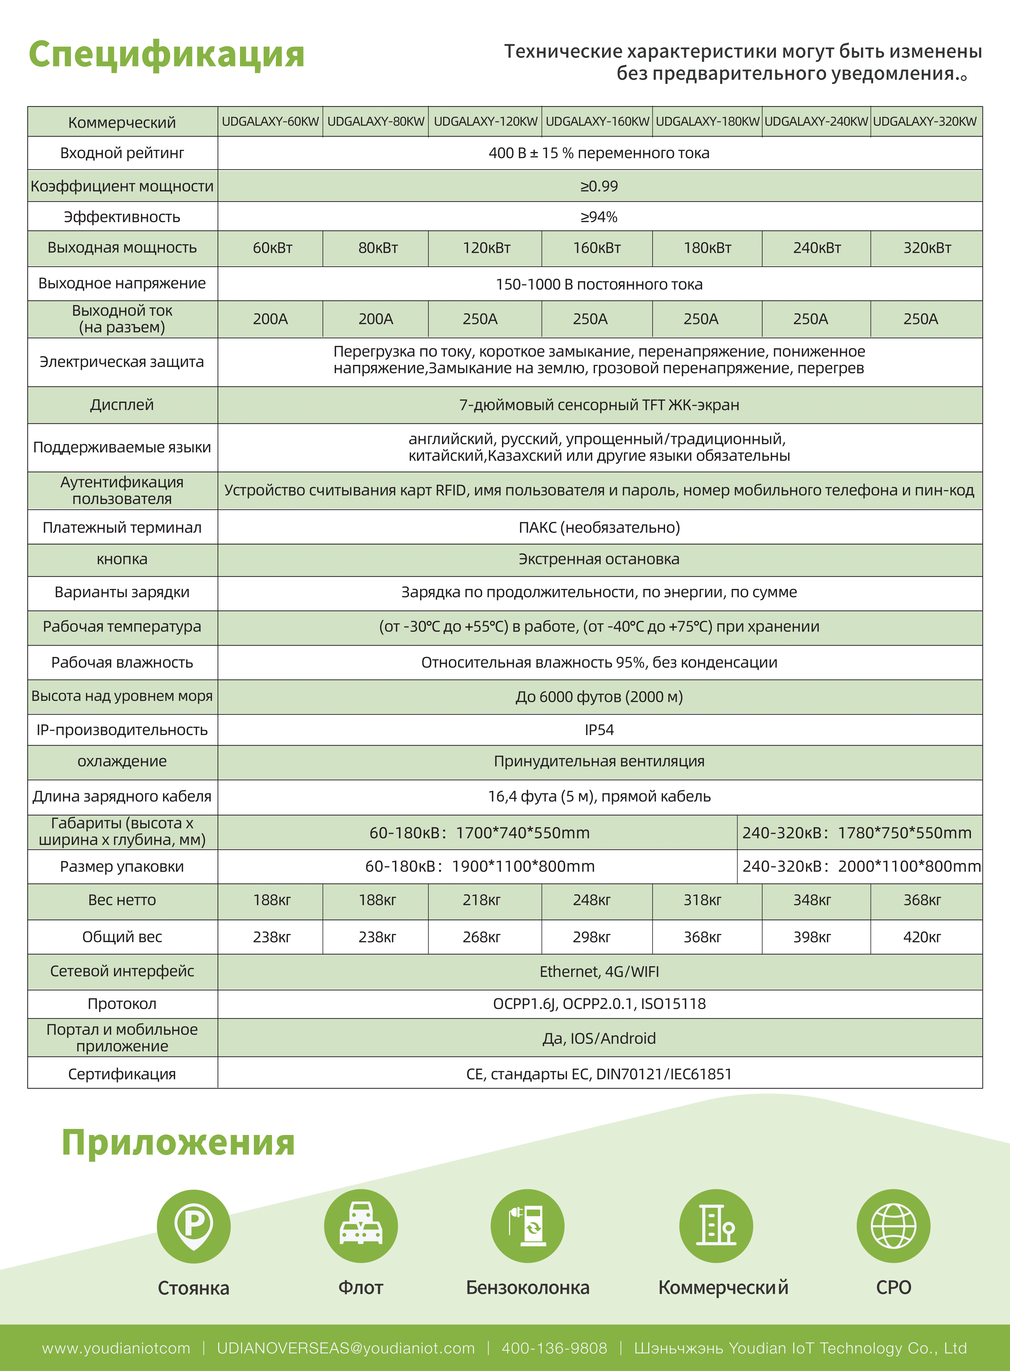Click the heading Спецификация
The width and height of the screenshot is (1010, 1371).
[x=166, y=54]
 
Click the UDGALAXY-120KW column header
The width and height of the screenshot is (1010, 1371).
[x=485, y=122]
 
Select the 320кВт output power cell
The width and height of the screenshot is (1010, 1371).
[x=927, y=248]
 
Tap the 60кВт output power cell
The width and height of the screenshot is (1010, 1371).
[x=273, y=248]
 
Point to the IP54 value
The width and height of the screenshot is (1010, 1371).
[x=599, y=730]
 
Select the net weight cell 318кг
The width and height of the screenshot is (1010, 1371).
[x=702, y=900]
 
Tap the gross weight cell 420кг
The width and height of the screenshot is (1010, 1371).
[x=922, y=937]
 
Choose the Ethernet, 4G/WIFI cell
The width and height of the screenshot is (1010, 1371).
[x=599, y=972]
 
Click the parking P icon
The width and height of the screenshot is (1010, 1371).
[x=193, y=1226]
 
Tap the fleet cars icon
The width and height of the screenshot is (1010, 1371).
[x=361, y=1226]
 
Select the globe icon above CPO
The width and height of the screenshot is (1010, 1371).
[x=893, y=1226]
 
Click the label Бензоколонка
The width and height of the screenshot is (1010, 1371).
[x=528, y=1288]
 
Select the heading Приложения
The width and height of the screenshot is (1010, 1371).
[x=178, y=1142]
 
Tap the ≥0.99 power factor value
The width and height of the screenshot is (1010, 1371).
[x=599, y=187]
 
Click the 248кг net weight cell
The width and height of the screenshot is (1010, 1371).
[x=591, y=900]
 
